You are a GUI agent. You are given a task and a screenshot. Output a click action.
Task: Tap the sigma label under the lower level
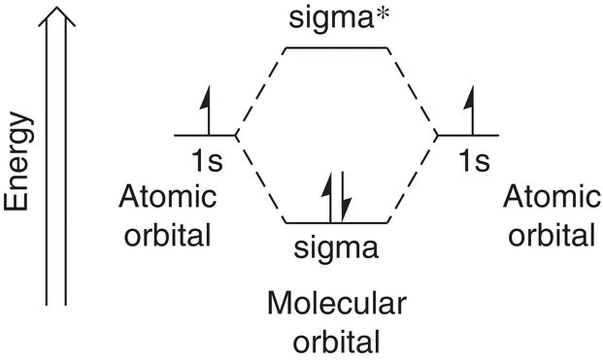pyautogui.click(x=336, y=249)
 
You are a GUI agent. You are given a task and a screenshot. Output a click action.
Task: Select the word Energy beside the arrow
pyautogui.click(x=17, y=162)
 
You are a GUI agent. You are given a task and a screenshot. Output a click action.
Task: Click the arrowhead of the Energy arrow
pyautogui.click(x=56, y=16)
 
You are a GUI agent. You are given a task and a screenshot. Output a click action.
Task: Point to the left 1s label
pyautogui.click(x=207, y=161)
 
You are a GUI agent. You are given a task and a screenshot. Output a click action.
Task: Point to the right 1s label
pyautogui.click(x=475, y=161)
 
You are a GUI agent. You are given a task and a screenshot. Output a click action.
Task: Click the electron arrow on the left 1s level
pyautogui.click(x=208, y=111)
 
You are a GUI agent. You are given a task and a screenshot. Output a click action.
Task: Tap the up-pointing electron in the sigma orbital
pyautogui.click(x=330, y=198)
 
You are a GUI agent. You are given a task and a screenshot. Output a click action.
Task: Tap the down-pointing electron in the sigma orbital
pyautogui.click(x=342, y=198)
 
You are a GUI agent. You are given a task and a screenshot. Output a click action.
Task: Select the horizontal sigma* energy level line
pyautogui.click(x=337, y=48)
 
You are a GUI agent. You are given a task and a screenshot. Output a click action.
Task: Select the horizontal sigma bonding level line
pyautogui.click(x=337, y=222)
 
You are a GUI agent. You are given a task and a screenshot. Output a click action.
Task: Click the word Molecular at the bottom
pyautogui.click(x=337, y=303)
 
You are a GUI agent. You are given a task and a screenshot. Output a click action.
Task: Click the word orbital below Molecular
pyautogui.click(x=337, y=342)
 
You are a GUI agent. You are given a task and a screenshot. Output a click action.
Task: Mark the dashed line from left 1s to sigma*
pyautogui.click(x=261, y=91)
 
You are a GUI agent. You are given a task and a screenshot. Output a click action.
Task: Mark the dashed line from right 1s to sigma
pyautogui.click(x=413, y=180)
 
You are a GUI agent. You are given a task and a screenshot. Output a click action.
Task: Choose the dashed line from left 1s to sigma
pyautogui.click(x=261, y=180)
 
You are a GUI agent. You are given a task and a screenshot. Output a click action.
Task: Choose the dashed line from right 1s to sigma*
pyautogui.click(x=413, y=91)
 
